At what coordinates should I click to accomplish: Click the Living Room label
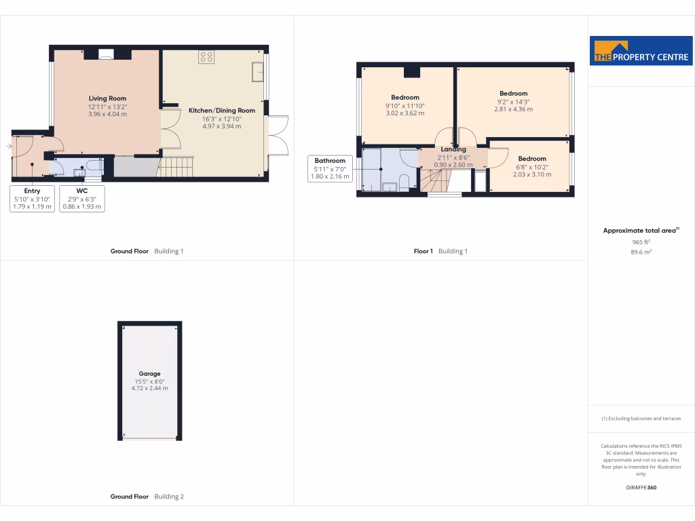pos(107,98)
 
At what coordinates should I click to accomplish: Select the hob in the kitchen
pos(206,58)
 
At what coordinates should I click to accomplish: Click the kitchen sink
pos(257,71)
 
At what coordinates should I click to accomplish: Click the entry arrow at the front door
pos(9,146)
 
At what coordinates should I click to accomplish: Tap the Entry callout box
pos(32,199)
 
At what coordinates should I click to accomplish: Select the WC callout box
pos(81,199)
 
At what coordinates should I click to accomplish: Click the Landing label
pos(453,149)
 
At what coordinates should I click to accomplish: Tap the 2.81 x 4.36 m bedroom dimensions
pos(513,109)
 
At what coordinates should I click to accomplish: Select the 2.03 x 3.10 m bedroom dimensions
pos(531,174)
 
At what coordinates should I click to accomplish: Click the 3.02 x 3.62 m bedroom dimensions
pos(405,113)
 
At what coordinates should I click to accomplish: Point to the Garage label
pos(149,374)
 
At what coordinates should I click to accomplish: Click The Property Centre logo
pos(641,50)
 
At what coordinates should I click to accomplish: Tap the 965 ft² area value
pos(641,242)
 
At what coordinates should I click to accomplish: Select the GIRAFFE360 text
pos(641,488)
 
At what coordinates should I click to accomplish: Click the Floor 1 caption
pos(424,251)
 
